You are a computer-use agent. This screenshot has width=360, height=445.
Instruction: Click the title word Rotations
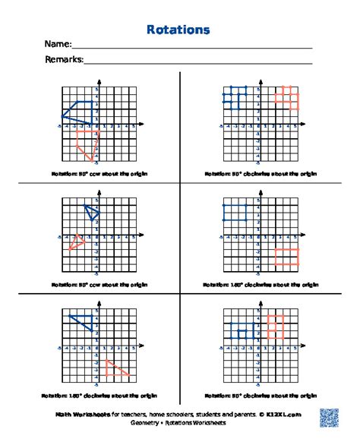[178, 30]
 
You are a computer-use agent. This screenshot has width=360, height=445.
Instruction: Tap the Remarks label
[64, 59]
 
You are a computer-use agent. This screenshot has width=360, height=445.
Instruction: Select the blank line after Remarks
[197, 62]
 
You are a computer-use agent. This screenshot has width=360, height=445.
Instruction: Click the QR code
[328, 418]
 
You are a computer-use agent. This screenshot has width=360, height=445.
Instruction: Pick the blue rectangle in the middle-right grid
[235, 213]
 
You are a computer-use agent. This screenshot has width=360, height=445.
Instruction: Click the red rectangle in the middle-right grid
[287, 257]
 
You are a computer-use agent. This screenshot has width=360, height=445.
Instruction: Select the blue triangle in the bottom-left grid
[84, 322]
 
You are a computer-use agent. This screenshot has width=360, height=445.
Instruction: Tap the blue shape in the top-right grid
[235, 97]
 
